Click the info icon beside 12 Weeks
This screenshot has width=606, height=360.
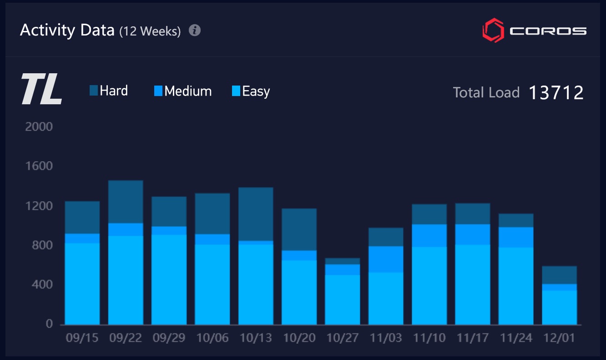coord(195,30)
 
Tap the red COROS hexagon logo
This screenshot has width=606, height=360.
coord(493,30)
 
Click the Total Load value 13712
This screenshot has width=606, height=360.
coord(556,92)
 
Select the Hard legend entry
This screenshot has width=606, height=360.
coord(109,91)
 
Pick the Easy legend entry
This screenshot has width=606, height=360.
coord(251,91)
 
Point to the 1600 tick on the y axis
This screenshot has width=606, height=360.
coord(39,166)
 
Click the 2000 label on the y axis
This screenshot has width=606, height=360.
coord(39,127)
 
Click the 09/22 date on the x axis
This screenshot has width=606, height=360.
coord(126,338)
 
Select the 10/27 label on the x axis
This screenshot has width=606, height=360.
coord(343,338)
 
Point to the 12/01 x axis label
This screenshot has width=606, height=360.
coord(560,338)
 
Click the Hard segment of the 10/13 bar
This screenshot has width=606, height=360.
coord(256,214)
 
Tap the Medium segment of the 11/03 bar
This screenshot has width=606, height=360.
coord(386,259)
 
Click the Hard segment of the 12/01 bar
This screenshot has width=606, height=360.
coord(560,275)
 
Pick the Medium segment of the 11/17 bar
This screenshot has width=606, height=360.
coord(473,234)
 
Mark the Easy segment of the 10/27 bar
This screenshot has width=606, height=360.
coord(343,299)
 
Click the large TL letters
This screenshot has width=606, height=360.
coord(41,90)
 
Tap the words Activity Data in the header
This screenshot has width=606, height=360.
coord(67,30)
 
